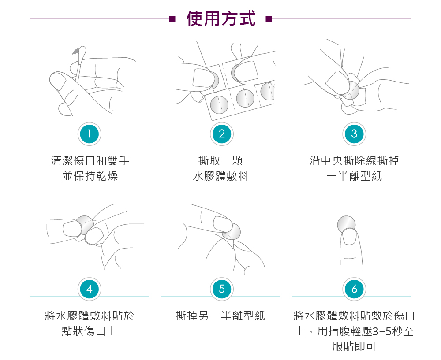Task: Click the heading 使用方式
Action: point(221,19)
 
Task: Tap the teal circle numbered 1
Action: point(89,134)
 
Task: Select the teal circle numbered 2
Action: point(222,134)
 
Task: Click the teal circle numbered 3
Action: point(354,134)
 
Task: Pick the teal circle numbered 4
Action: point(89,289)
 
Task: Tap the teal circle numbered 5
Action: point(222,289)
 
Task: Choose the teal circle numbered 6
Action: point(354,289)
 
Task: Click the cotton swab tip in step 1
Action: point(82,52)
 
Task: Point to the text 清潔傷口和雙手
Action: point(90,161)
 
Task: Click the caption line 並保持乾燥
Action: point(90,176)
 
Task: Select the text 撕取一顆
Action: point(221,161)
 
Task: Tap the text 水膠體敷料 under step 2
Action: point(221,176)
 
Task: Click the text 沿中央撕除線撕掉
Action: point(355,161)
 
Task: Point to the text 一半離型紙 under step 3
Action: point(355,176)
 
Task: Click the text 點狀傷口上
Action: point(90,331)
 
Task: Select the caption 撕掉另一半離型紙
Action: point(221,315)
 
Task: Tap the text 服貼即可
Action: point(355,346)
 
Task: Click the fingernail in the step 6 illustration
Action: point(349,236)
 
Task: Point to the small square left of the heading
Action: point(172,19)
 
